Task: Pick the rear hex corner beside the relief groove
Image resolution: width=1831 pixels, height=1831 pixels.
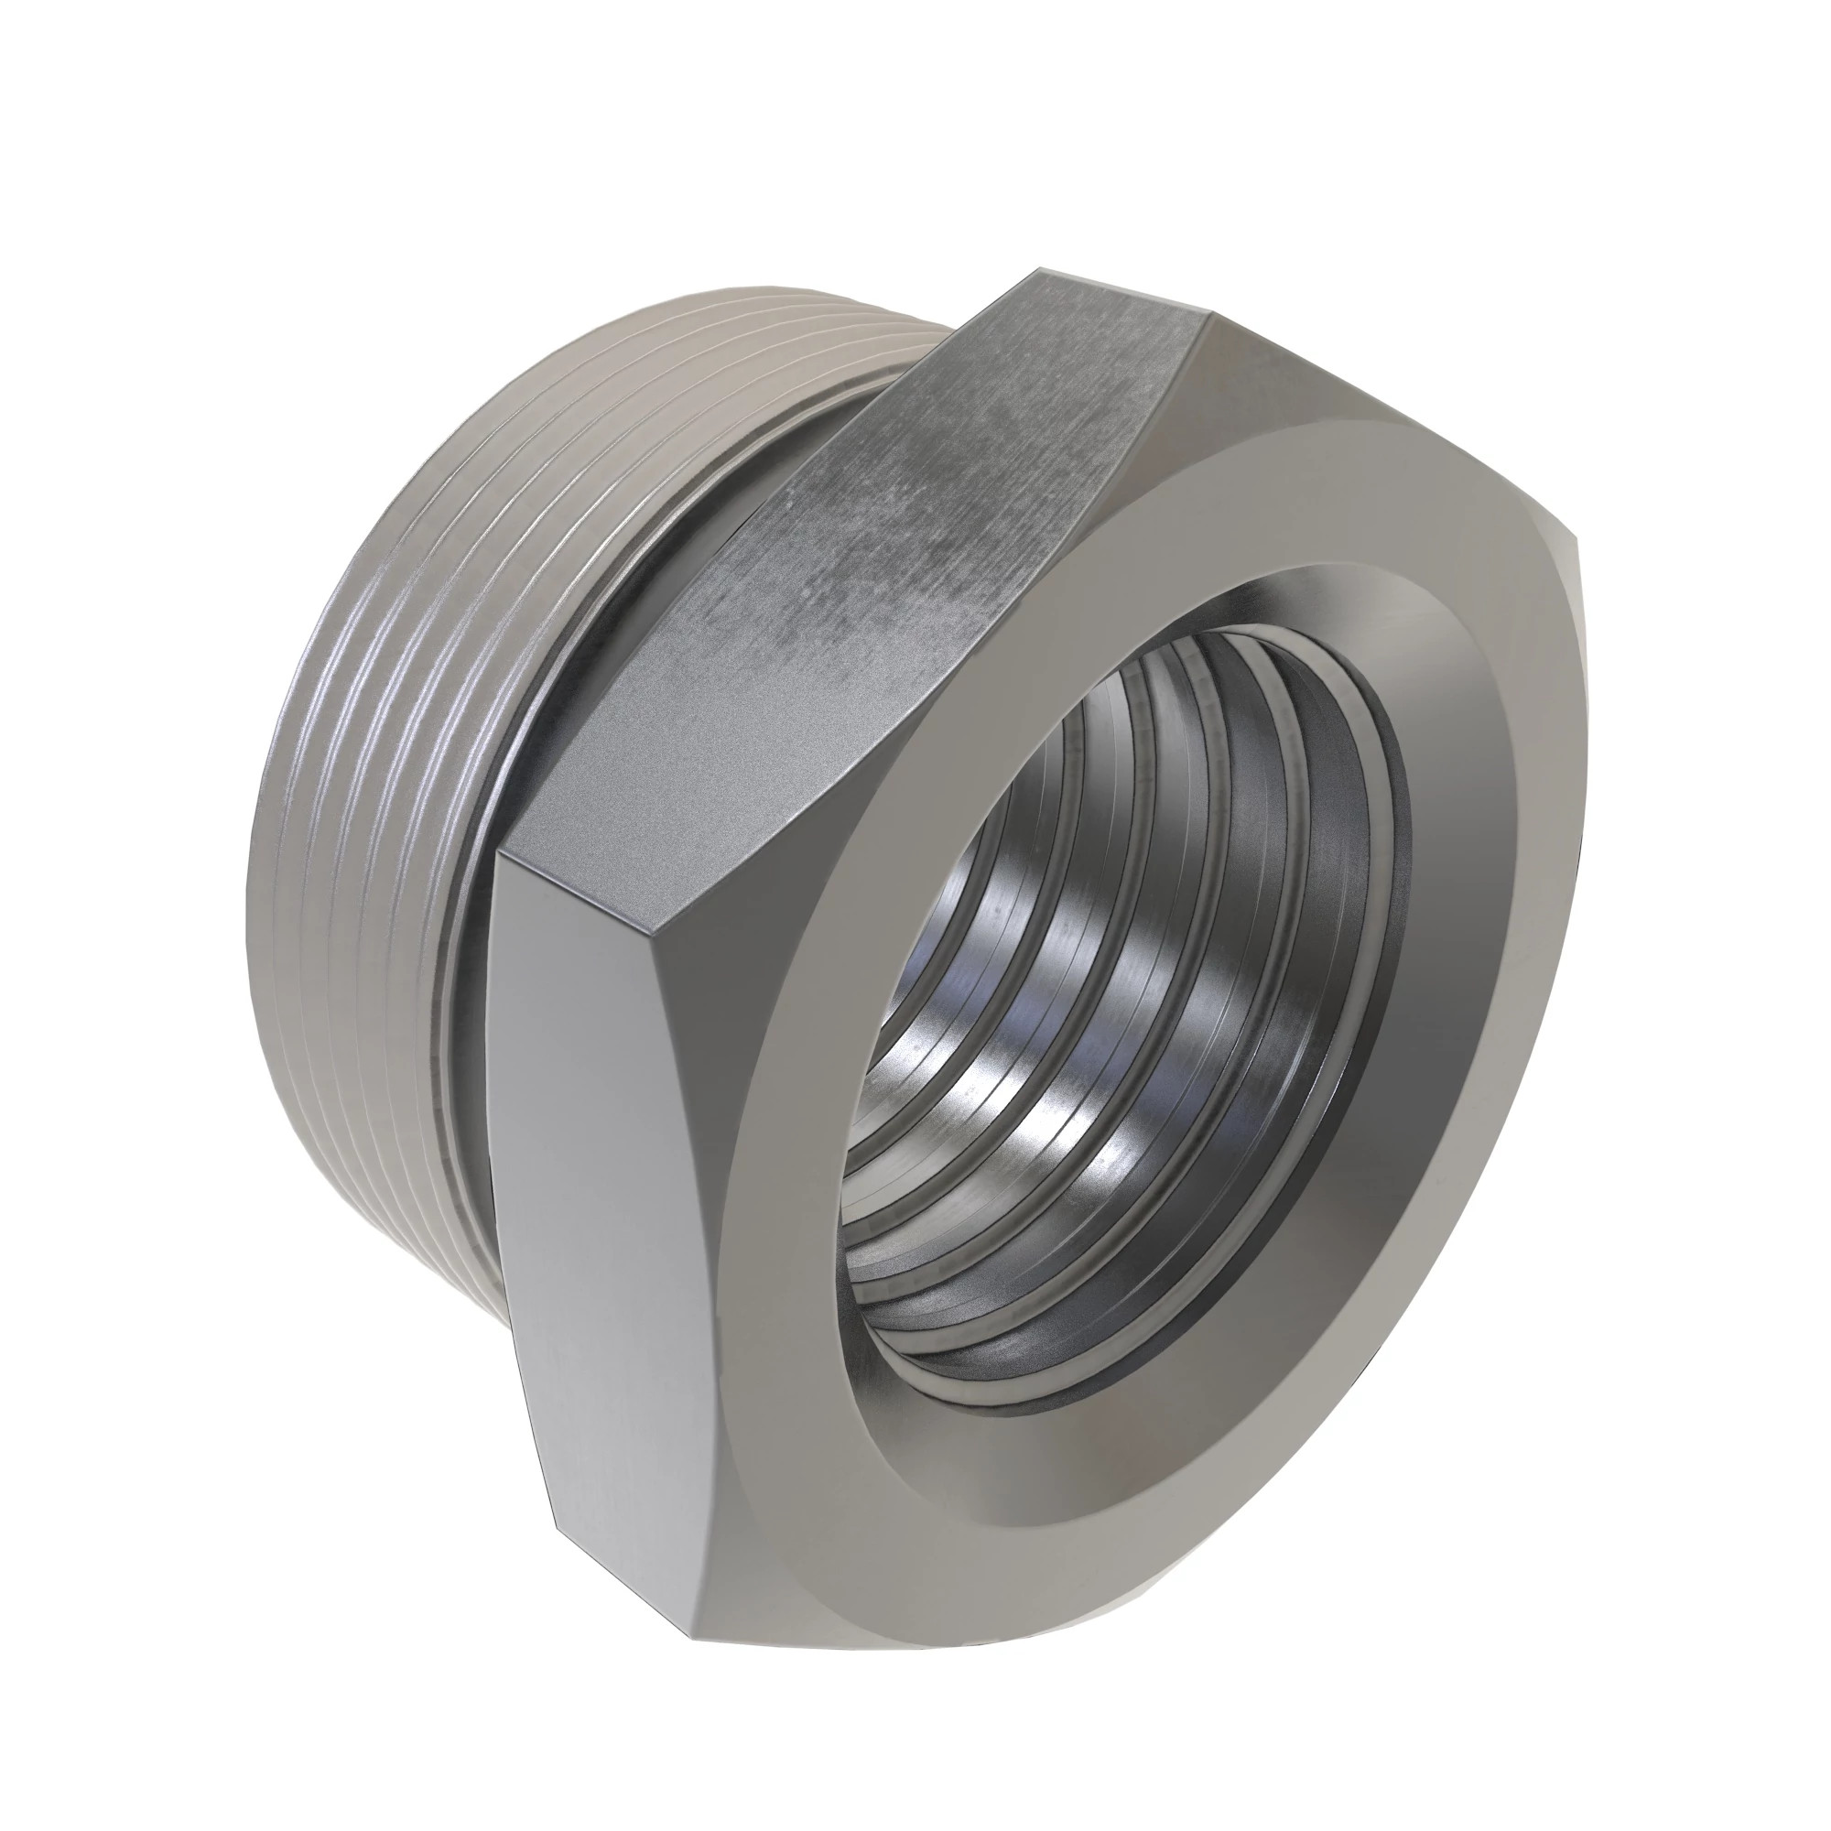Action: tap(496, 851)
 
